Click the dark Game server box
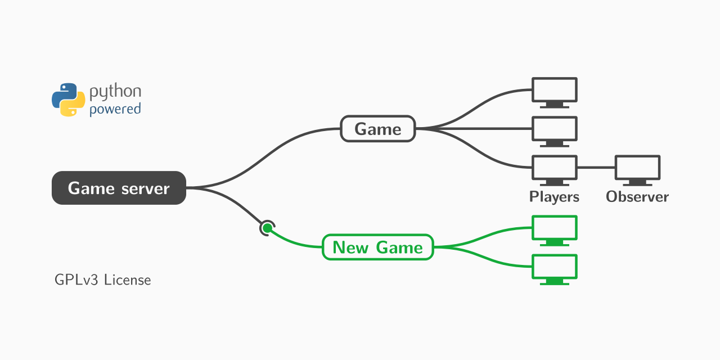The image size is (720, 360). (x=119, y=188)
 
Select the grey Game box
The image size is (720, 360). (x=378, y=129)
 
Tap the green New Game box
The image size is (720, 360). (x=377, y=247)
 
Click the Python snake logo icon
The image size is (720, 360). (x=68, y=100)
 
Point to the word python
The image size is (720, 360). (x=115, y=92)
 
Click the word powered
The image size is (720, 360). (x=115, y=109)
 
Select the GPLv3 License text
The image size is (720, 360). (x=103, y=280)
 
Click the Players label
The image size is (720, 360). (x=554, y=197)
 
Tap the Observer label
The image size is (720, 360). (x=637, y=197)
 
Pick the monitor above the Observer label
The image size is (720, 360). (x=637, y=169)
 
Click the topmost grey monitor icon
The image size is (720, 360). (x=555, y=92)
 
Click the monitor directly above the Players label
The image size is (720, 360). (x=555, y=169)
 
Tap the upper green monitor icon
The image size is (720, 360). (x=555, y=229)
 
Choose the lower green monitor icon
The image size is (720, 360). (x=555, y=268)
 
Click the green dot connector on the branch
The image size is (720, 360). (x=268, y=228)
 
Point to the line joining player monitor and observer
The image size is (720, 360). (x=596, y=168)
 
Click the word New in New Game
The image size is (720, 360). (x=350, y=247)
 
